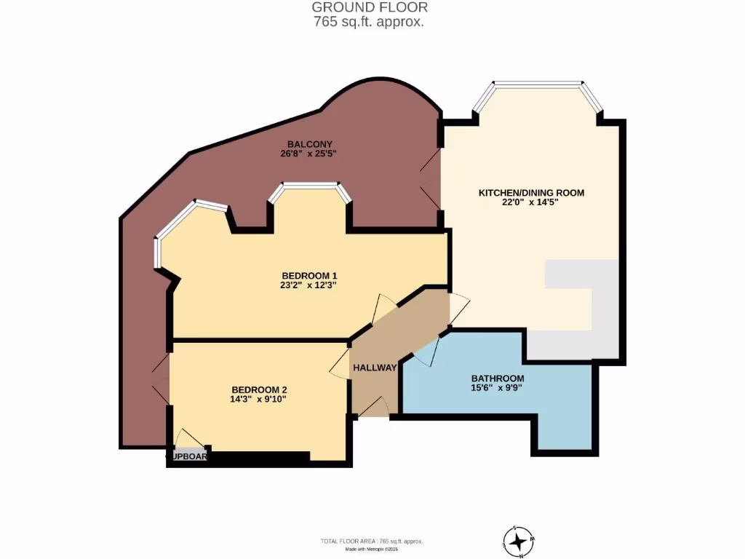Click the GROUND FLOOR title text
(370, 7)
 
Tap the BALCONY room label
(309, 144)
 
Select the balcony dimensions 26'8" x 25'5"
(309, 154)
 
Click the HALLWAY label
(375, 368)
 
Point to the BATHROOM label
(498, 378)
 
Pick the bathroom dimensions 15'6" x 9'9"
(498, 389)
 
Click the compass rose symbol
(518, 542)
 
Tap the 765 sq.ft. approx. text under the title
(370, 22)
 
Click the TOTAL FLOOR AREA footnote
(372, 542)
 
